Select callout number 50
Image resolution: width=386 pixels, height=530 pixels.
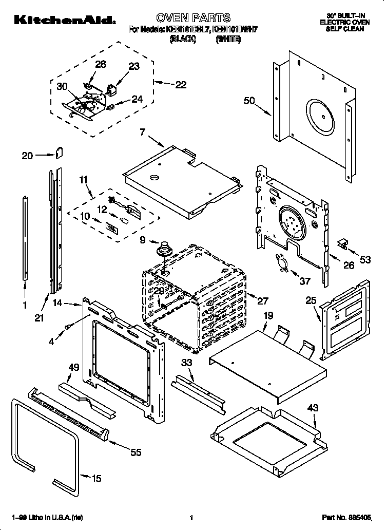(x=249, y=101)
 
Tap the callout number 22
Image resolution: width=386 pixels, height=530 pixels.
(x=181, y=85)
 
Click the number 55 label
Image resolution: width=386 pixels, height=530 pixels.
(x=136, y=452)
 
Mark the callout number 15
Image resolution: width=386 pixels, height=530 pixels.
(x=96, y=479)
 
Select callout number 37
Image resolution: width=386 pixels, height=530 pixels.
(x=305, y=280)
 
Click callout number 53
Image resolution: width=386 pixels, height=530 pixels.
(x=364, y=260)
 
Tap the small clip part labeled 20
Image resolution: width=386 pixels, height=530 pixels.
(x=59, y=152)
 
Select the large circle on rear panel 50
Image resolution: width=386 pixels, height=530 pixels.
(x=322, y=113)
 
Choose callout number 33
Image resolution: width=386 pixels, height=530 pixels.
(x=187, y=364)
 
